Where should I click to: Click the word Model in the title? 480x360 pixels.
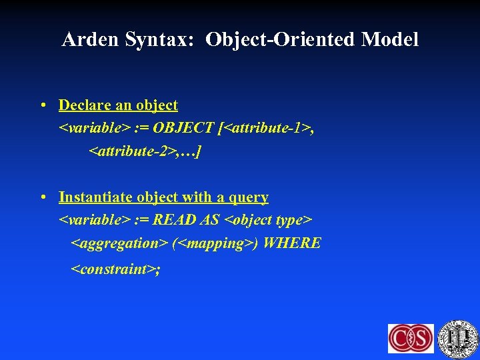pyautogui.click(x=390, y=40)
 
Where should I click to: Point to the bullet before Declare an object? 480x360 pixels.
pyautogui.click(x=42, y=105)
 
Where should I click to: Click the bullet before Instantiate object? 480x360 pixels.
pyautogui.click(x=42, y=197)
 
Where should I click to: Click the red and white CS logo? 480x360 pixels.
pyautogui.click(x=411, y=337)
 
